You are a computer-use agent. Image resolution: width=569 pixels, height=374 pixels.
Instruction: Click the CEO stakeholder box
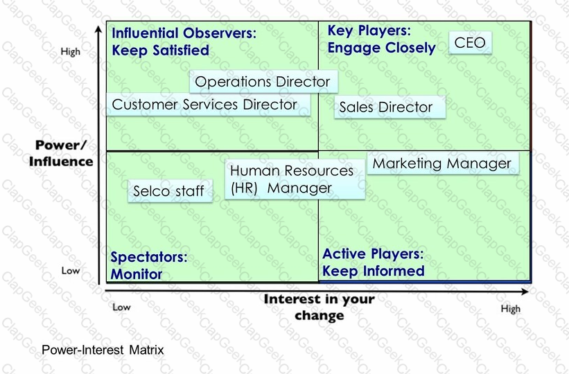[471, 43]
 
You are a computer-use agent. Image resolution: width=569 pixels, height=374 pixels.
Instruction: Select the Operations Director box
[263, 81]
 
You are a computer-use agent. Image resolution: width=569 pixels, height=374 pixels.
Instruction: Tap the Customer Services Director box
[209, 105]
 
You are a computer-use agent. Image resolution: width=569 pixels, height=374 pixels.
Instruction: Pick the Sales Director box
[389, 107]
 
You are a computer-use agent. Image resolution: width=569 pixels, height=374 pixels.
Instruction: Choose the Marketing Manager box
[443, 163]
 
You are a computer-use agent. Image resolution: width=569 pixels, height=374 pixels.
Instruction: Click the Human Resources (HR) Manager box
[295, 179]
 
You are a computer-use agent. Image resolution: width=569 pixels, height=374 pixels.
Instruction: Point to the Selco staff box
[170, 190]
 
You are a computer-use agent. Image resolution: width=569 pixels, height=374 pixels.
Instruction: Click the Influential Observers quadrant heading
[184, 42]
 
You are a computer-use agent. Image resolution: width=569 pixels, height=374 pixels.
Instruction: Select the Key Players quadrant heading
[381, 39]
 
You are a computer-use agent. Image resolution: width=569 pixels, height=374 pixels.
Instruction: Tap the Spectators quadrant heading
[149, 265]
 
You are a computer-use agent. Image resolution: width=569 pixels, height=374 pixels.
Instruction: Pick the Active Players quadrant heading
[373, 262]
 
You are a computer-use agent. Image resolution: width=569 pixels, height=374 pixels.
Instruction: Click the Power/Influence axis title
[61, 153]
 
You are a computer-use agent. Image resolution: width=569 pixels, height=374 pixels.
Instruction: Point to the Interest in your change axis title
[319, 307]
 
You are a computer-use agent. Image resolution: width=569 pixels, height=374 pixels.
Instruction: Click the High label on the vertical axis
[71, 52]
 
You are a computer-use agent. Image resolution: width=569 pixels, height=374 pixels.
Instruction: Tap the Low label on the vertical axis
[71, 271]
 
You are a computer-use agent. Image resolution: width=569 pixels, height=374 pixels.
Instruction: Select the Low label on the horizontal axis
[121, 308]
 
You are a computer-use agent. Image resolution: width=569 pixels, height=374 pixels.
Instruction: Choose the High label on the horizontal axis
[511, 309]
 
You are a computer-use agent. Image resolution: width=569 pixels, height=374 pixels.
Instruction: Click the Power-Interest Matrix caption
[103, 350]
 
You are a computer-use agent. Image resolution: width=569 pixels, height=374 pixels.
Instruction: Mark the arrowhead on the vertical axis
[98, 29]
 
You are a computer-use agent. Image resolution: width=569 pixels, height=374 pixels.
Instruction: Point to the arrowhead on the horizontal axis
[525, 291]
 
